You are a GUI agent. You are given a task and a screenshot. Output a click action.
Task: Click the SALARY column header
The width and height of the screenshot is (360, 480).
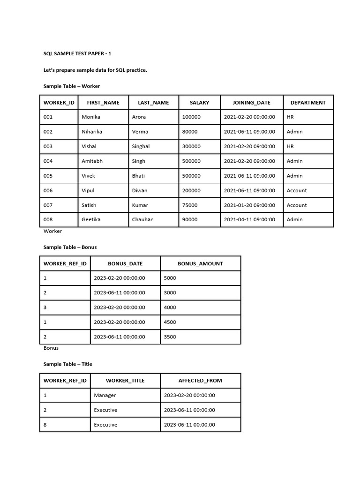[x=199, y=103]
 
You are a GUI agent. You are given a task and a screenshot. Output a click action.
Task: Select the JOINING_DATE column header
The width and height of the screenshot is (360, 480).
[x=252, y=103]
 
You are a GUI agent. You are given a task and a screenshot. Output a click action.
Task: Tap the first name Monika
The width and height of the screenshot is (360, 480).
[x=91, y=117]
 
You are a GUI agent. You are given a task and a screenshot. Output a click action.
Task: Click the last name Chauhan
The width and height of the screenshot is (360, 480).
[x=143, y=220]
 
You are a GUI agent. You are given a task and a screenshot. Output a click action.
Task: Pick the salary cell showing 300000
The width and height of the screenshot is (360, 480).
[x=191, y=146]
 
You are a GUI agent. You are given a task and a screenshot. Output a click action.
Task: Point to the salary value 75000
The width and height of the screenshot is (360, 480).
[x=190, y=205]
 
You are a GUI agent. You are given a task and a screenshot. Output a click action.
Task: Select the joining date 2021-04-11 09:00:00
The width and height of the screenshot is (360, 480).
[x=249, y=220]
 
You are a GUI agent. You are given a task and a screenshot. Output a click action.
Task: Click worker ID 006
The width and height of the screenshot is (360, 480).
[x=48, y=191]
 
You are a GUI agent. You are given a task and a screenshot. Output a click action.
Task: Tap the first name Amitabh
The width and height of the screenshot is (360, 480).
[x=92, y=161]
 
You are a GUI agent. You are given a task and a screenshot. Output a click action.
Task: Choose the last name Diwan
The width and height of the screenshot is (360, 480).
[x=140, y=191]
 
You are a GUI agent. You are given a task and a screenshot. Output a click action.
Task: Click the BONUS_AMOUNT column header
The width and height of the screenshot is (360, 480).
[x=200, y=263]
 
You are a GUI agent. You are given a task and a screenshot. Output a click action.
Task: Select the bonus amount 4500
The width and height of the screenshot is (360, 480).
[x=170, y=322]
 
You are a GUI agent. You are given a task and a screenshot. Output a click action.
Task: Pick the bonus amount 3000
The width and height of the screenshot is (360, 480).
[x=170, y=292]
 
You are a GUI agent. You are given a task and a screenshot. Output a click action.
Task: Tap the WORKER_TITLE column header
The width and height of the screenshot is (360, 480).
[x=125, y=381]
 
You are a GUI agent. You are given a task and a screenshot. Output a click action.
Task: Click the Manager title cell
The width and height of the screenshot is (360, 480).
[x=105, y=395]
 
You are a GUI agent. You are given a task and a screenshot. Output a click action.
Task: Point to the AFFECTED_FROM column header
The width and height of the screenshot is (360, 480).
[x=200, y=381]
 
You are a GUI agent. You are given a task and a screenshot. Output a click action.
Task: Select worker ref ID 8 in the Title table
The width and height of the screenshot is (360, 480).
[x=45, y=425]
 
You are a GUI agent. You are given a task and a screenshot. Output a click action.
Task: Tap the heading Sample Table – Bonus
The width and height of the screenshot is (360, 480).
[x=70, y=247]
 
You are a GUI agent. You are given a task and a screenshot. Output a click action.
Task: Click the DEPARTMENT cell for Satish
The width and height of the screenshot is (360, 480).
[x=297, y=205]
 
